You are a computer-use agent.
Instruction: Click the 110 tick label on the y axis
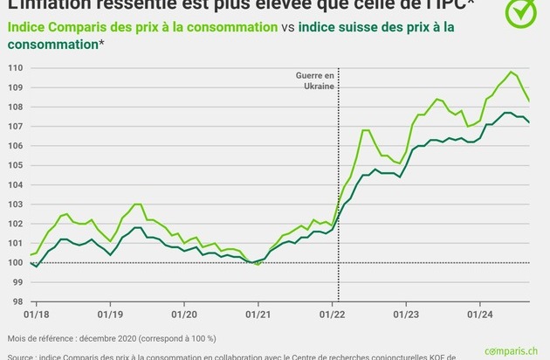[x=16, y=68]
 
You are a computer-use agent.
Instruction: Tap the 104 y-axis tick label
[x=16, y=184]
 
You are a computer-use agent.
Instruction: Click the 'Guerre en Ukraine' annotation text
[x=315, y=80]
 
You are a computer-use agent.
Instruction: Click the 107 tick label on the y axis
[x=16, y=127]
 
